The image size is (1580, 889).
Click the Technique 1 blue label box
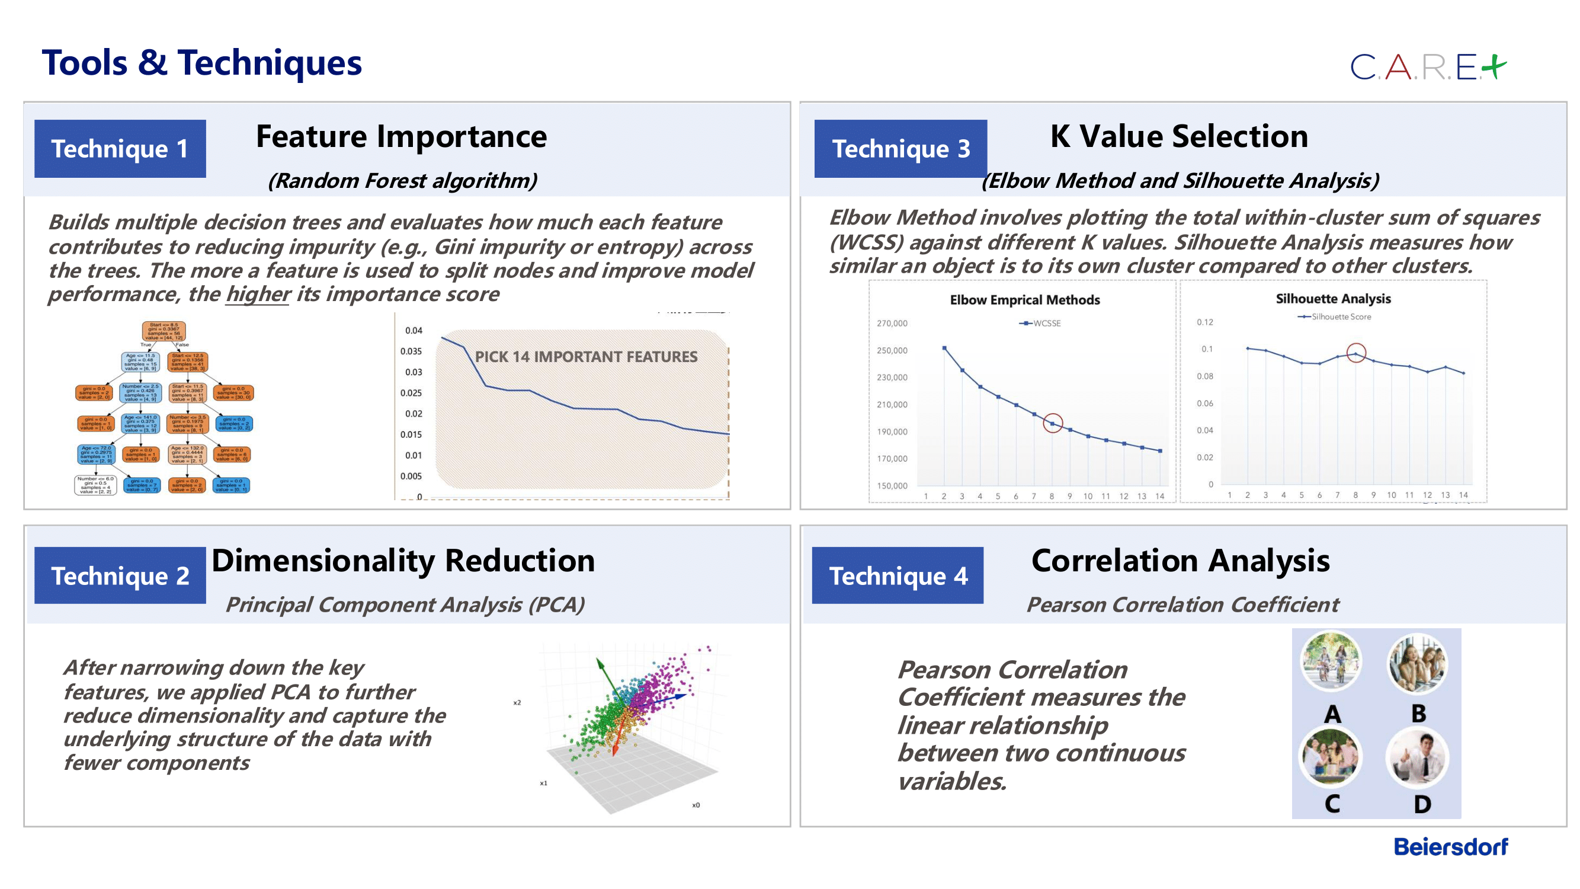pyautogui.click(x=120, y=149)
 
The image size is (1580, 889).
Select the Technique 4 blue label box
pyautogui.click(x=898, y=575)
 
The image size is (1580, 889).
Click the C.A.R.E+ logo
pyautogui.click(x=1428, y=67)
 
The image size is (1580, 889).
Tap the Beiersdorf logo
pyautogui.click(x=1451, y=848)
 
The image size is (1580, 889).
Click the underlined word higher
pyautogui.click(x=258, y=295)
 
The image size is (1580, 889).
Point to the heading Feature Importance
pyautogui.click(x=401, y=136)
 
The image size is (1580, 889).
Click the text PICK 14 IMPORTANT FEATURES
pyautogui.click(x=586, y=357)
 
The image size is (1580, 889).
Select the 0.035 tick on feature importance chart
pyautogui.click(x=411, y=351)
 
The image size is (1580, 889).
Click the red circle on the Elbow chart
pyautogui.click(x=1053, y=423)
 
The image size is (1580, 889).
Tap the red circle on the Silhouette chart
pyautogui.click(x=1356, y=353)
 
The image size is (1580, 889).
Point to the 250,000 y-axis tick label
pyautogui.click(x=892, y=351)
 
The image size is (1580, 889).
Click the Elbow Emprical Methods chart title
pyautogui.click(x=1025, y=300)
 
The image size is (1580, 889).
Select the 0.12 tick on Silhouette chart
pyautogui.click(x=1204, y=322)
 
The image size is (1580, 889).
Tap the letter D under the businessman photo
pyautogui.click(x=1422, y=804)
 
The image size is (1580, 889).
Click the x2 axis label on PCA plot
pyautogui.click(x=517, y=702)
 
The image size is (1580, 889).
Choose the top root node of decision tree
pyautogui.click(x=164, y=331)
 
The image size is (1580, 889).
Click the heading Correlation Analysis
pyautogui.click(x=1180, y=561)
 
